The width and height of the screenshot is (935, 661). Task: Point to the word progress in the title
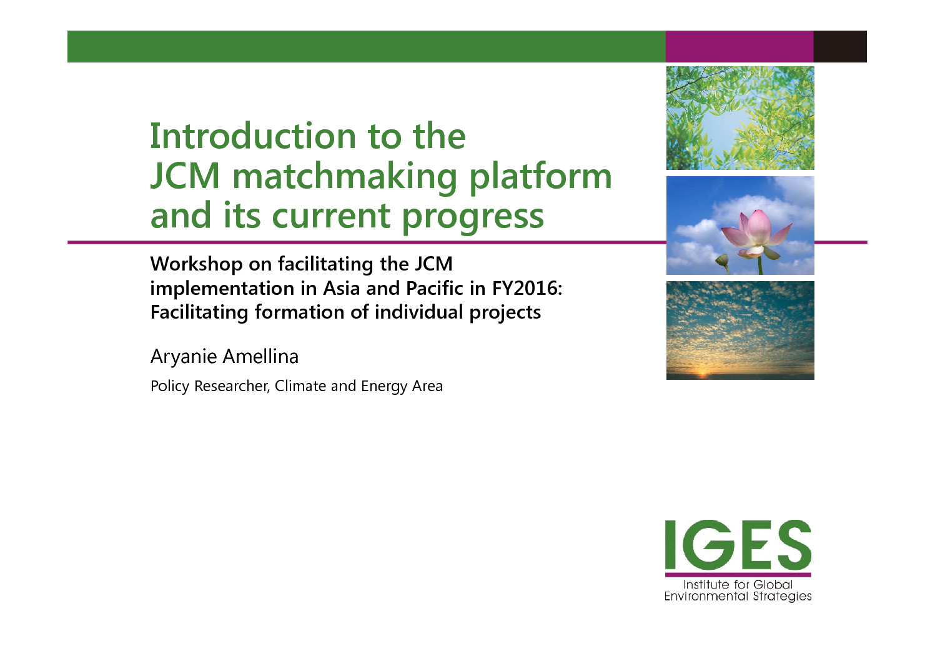(x=473, y=217)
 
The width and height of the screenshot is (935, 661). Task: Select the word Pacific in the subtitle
(x=435, y=289)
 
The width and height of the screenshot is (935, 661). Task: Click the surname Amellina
(x=261, y=357)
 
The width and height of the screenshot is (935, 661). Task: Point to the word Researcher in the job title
(x=232, y=386)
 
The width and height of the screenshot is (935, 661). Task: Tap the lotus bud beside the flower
(x=723, y=262)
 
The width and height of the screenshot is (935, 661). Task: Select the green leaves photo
(x=740, y=117)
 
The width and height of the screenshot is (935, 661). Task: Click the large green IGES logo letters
(x=738, y=545)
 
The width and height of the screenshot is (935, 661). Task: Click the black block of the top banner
(x=840, y=46)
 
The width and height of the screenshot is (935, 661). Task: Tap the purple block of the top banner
(x=740, y=46)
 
